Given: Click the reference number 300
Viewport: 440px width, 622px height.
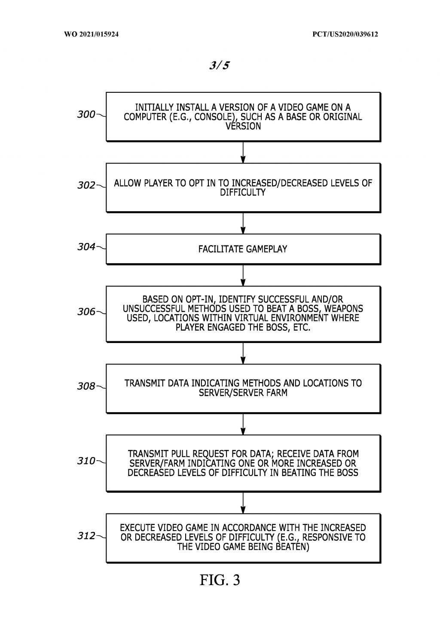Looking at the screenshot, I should click(86, 115).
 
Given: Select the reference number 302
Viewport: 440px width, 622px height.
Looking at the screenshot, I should click(86, 185).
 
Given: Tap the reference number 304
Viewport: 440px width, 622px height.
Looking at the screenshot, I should click(86, 247).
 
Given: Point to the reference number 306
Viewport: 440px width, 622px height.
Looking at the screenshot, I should click(86, 312).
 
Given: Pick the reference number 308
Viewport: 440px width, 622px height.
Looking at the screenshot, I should click(86, 386).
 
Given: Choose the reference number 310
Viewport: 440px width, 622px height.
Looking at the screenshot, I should click(86, 461).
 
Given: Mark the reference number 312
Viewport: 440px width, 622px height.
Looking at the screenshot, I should click(86, 536).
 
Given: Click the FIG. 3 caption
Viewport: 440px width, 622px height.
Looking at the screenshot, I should click(220, 580).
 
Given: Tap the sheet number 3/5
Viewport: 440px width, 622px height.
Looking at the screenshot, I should click(219, 65).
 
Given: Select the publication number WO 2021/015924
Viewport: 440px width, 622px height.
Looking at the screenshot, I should click(92, 34).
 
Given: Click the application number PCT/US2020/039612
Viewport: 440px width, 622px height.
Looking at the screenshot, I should click(345, 34).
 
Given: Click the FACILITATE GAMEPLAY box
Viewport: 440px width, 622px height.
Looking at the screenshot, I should click(243, 249).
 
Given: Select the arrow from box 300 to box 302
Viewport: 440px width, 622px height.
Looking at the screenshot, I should click(243, 152).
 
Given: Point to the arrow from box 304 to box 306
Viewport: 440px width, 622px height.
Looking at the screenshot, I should click(243, 275).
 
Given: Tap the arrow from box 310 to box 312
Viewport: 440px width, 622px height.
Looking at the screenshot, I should click(243, 503).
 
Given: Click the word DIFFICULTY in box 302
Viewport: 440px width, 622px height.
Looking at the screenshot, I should click(243, 193).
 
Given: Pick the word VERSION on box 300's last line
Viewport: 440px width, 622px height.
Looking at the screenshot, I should click(243, 126).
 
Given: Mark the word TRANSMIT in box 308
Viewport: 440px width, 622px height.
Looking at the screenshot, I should click(141, 383).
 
